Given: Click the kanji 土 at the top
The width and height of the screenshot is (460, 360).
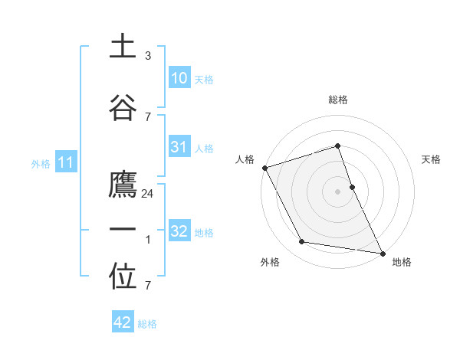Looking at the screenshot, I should pos(123,47).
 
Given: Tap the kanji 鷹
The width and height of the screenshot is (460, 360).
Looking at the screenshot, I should pos(123,186).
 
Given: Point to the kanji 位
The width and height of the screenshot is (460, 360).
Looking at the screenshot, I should pos(123,277).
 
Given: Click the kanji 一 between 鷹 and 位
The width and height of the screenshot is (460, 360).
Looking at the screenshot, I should pos(123,230).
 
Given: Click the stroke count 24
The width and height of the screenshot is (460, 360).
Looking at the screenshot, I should pos(149,195).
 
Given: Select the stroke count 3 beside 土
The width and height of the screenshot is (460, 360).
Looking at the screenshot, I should pos(148,56).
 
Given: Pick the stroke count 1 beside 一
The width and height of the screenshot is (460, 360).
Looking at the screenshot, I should pos(148,240).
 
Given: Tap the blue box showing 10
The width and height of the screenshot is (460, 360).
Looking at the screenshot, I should pos(179,77).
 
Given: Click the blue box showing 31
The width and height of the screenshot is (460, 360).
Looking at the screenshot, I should pos(179,147).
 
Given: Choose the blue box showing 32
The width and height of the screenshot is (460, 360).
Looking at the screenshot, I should pos(179,231).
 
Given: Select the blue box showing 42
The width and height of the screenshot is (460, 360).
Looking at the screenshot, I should pos(122,322).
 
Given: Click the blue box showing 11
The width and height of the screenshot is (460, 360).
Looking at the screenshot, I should pos(67,162).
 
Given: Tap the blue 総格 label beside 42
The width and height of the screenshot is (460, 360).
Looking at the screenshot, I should pos(147,324).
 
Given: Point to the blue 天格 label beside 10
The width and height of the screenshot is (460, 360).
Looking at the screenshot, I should pos(204,79).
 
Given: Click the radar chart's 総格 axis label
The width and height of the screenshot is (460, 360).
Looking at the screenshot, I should pos(337,100).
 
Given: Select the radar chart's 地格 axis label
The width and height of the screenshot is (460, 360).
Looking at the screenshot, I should pos(402,262).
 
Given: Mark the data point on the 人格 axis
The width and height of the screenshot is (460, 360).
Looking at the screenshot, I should pos(264,168).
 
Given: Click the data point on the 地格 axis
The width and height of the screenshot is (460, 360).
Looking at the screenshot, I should pos(382,253).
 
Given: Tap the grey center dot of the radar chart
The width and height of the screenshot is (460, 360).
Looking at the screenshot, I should pos(337,191).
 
